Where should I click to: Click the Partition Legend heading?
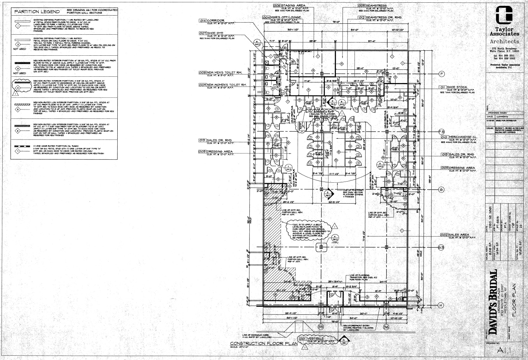pyautogui.click(x=37, y=12)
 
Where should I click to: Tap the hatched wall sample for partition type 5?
pyautogui.click(x=19, y=105)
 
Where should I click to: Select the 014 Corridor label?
pyautogui.click(x=212, y=20)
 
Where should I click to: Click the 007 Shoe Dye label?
pyautogui.click(x=212, y=34)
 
